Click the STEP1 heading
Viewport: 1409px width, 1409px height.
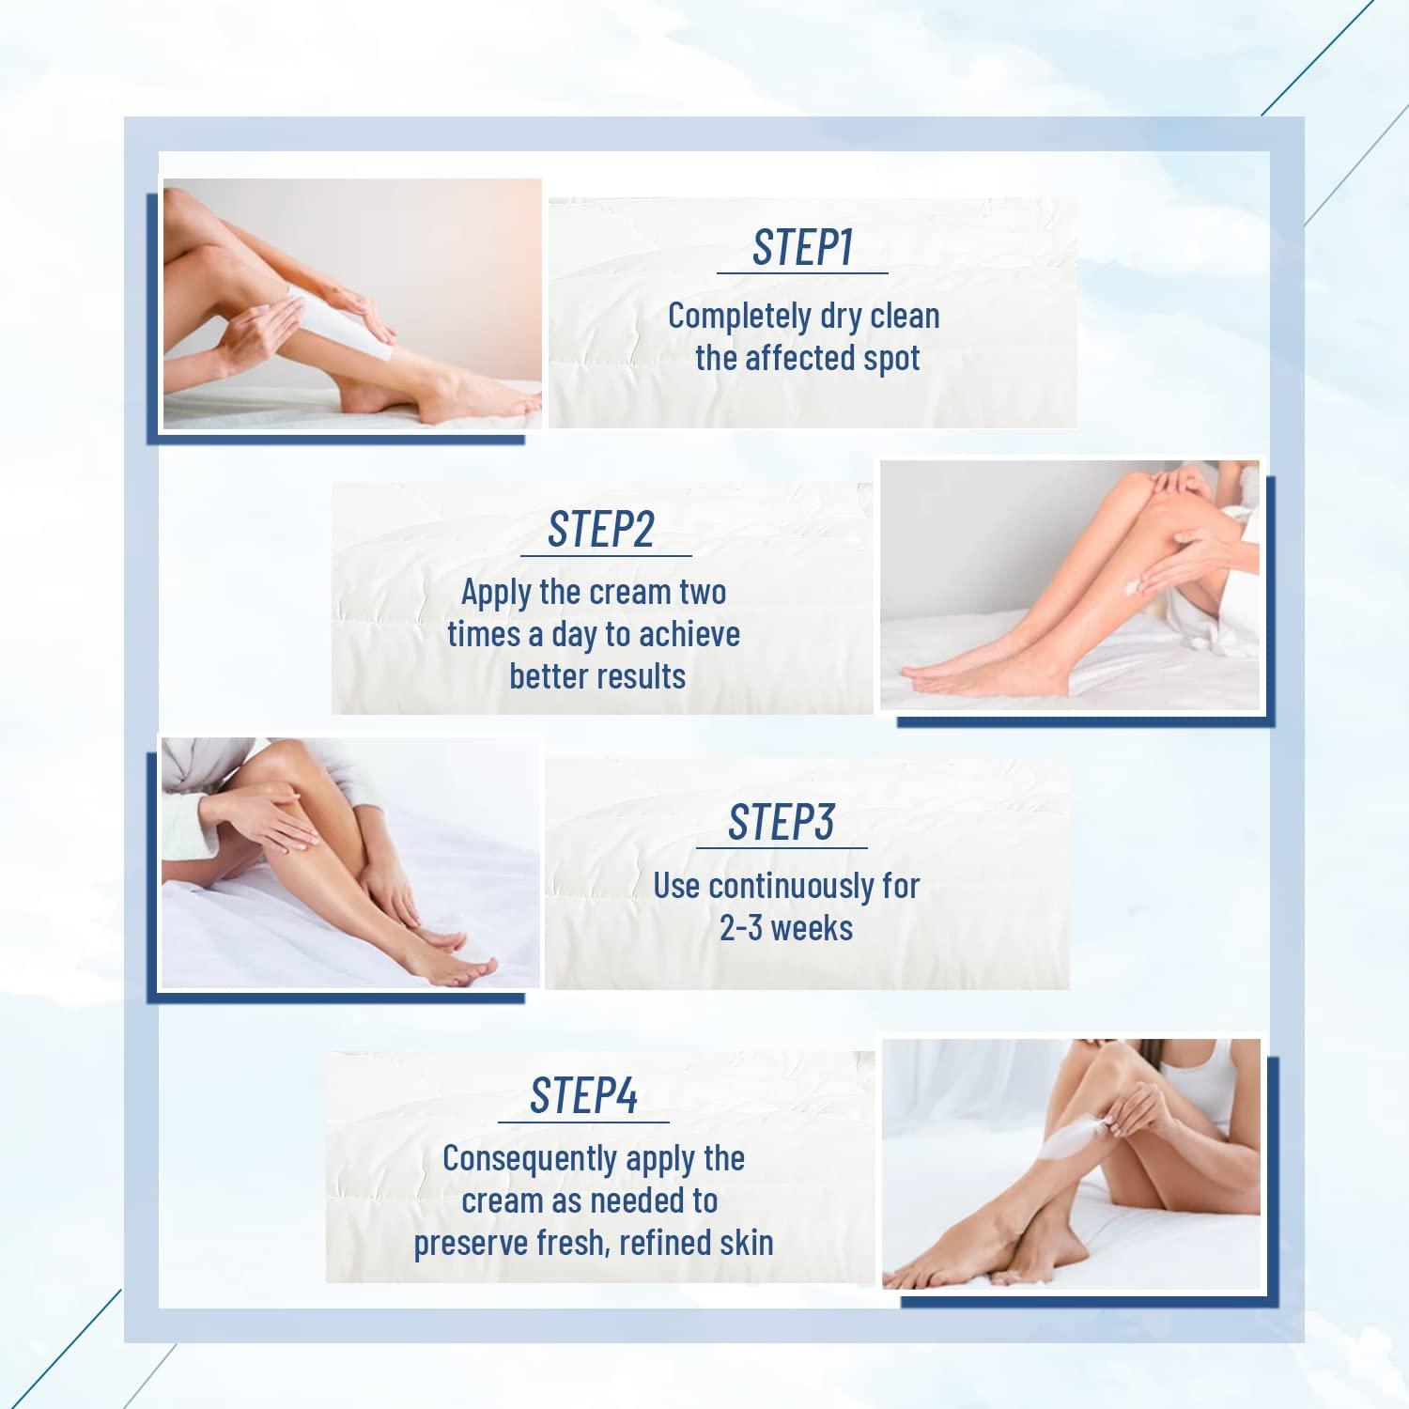(802, 248)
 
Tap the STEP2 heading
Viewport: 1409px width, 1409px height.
(601, 530)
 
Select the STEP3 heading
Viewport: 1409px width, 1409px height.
(781, 823)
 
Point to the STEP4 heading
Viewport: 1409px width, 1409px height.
(583, 1095)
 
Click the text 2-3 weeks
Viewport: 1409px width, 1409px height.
(786, 928)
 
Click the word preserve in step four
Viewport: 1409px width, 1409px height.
(470, 1244)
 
